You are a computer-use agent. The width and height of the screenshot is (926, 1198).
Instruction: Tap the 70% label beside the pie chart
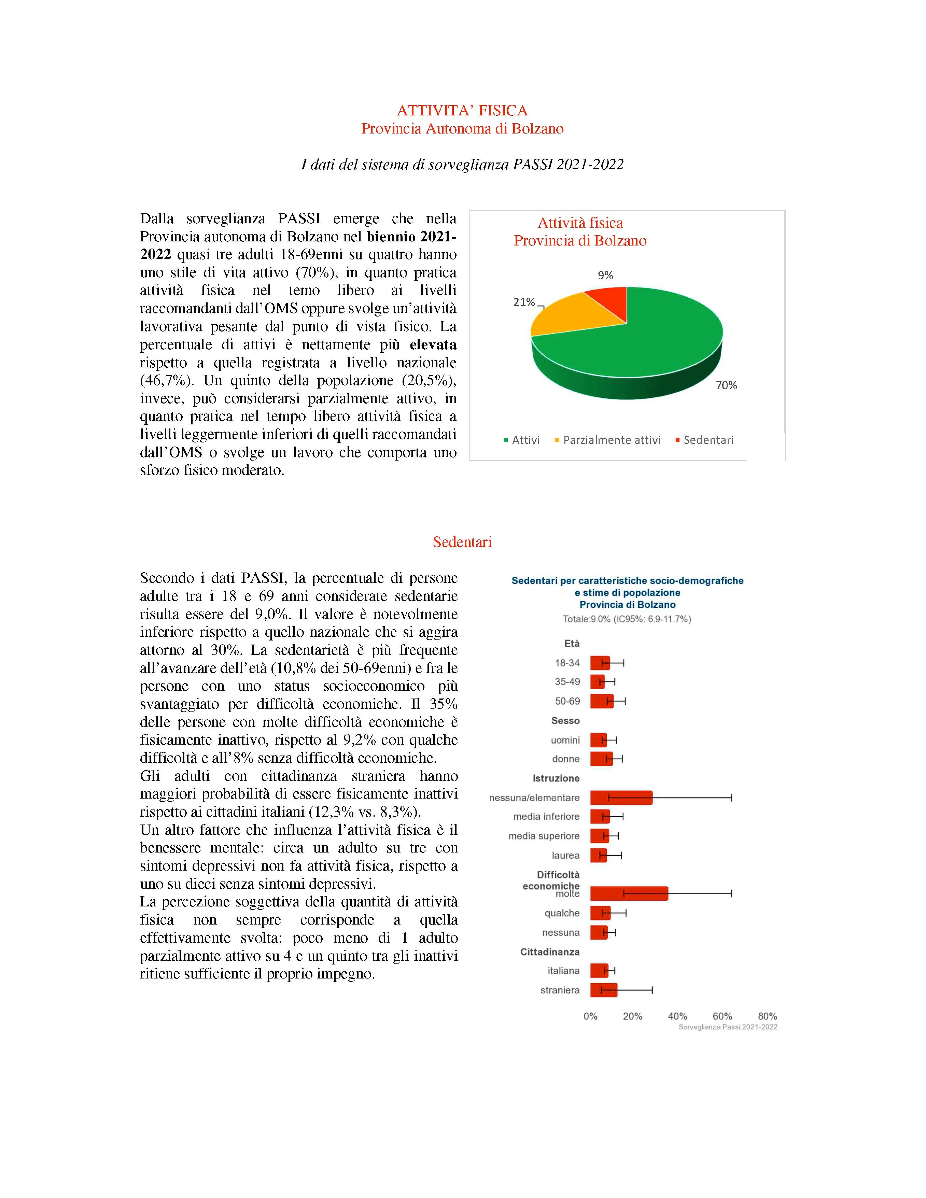point(726,385)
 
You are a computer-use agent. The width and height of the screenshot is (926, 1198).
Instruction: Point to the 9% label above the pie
point(605,276)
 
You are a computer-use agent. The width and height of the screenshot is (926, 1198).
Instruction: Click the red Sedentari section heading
point(462,542)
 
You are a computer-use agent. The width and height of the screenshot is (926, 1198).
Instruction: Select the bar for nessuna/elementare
point(621,798)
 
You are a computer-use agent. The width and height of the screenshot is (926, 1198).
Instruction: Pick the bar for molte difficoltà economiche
point(629,893)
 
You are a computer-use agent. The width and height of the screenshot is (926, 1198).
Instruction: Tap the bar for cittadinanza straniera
point(603,990)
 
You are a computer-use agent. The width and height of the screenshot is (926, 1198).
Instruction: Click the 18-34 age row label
point(567,663)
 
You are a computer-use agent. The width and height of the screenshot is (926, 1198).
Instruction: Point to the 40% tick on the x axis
point(677,1016)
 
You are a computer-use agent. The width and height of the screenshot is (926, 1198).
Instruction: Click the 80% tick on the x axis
point(767,1016)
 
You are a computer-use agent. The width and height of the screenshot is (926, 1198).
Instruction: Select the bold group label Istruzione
point(556,778)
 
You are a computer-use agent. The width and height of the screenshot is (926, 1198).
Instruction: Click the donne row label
point(565,759)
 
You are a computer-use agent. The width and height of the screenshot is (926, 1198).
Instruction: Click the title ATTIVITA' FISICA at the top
point(462,111)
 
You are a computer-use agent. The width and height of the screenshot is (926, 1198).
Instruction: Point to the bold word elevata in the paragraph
point(433,345)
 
